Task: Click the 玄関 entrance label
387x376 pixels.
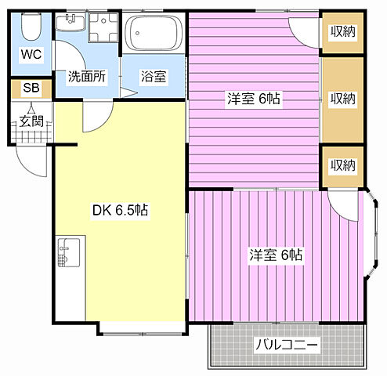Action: (32, 121)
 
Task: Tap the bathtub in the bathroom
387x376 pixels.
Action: (154, 33)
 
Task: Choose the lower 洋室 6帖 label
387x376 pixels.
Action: (277, 255)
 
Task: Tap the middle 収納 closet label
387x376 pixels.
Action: (342, 99)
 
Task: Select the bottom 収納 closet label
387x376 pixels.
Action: (342, 165)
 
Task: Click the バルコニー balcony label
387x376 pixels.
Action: (287, 345)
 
